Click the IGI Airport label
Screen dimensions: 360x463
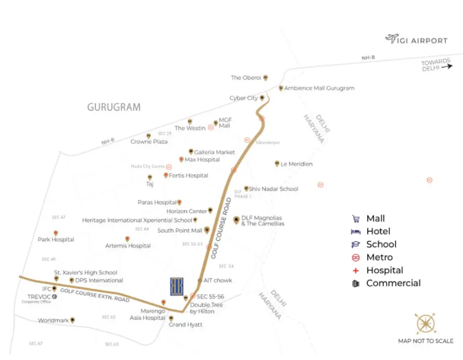point(423,40)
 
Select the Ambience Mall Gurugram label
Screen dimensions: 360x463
point(319,88)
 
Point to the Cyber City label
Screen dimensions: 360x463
point(244,98)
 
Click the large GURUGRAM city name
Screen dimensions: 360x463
point(114,107)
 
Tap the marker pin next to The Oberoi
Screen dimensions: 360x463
point(266,78)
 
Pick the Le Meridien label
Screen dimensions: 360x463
point(296,164)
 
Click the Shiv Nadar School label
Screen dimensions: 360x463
point(273,189)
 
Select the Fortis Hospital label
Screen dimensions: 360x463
point(189,175)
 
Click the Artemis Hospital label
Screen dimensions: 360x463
point(128,245)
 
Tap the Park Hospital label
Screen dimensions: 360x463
point(56,240)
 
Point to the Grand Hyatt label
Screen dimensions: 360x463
point(186,324)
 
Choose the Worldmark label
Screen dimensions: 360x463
point(53,320)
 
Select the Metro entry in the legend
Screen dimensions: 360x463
point(379,257)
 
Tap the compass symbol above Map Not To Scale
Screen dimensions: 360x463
point(425,324)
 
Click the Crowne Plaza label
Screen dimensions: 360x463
point(149,142)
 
